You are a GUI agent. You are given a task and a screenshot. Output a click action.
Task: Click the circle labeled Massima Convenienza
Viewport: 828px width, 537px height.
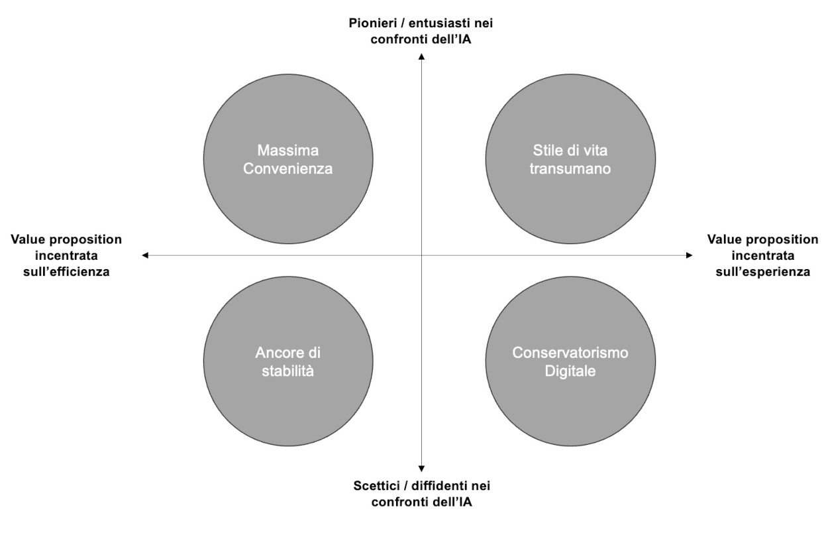288,159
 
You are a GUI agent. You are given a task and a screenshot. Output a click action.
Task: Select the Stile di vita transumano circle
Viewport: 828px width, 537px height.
570,159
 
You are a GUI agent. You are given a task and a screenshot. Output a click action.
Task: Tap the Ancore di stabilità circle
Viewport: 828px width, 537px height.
288,361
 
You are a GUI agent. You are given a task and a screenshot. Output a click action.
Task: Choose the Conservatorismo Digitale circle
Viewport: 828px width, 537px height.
570,361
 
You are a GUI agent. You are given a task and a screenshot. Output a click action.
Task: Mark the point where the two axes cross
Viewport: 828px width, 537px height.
421,255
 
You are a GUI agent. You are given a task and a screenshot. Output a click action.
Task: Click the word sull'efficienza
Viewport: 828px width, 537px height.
66,272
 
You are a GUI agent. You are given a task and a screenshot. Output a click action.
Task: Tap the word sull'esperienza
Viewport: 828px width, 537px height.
763,272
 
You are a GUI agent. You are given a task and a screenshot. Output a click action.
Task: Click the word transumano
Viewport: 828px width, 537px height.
570,169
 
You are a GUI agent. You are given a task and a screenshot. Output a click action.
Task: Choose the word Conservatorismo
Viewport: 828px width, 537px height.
570,353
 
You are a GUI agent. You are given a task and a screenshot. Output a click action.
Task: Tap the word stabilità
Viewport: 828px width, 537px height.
288,371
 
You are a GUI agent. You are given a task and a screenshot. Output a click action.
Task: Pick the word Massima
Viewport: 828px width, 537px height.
288,150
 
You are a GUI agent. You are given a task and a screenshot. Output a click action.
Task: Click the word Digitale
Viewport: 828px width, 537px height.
570,371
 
